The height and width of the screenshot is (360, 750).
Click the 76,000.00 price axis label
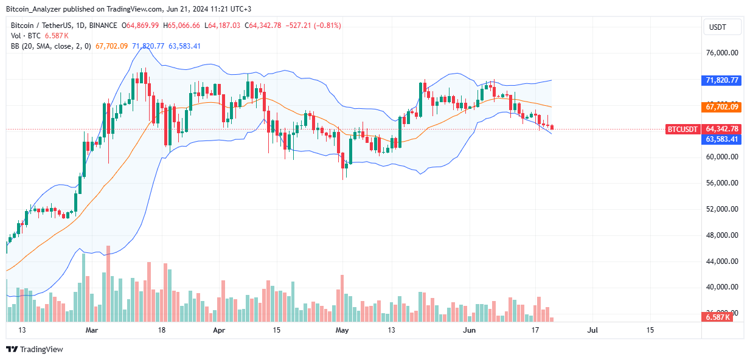click(722, 53)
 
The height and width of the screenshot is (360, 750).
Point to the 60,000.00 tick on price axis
click(722, 157)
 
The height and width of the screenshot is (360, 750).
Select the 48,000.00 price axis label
click(722, 235)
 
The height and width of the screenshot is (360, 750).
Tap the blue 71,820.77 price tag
click(722, 80)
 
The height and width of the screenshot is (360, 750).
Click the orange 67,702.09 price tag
click(722, 107)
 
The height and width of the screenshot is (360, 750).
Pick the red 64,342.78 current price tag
click(722, 129)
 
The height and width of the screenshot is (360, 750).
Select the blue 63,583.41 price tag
click(722, 139)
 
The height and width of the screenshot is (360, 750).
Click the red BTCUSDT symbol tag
click(682, 129)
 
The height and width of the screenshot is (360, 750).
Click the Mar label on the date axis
click(92, 330)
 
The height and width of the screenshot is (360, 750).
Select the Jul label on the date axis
click(593, 330)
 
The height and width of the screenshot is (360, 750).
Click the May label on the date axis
click(342, 330)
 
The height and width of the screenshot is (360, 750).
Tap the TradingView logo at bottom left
click(35, 349)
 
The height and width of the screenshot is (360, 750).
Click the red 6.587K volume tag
click(718, 317)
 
